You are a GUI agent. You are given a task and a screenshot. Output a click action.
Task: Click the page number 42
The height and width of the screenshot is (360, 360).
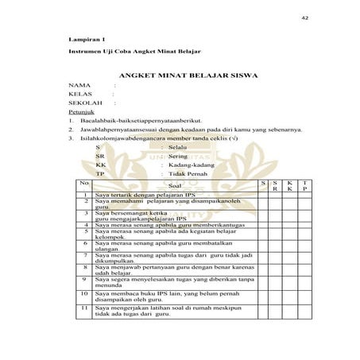304,17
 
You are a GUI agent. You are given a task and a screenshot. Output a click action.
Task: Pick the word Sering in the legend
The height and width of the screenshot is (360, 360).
178,157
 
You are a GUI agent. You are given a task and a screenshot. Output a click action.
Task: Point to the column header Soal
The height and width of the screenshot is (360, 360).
175,186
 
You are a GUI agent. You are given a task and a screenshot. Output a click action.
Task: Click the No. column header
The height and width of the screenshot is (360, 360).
85,184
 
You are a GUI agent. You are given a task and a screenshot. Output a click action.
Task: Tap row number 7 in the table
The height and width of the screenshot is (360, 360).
85,255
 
